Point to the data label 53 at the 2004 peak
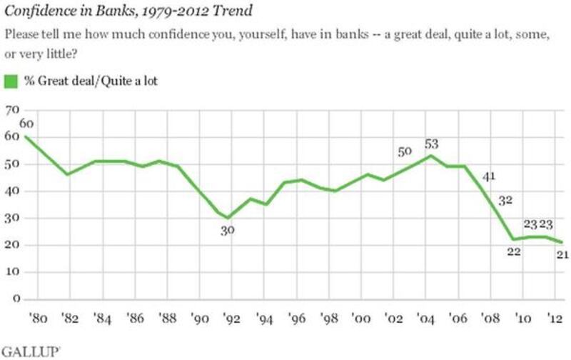point(430,144)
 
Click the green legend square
point(11,81)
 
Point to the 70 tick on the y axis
point(12,111)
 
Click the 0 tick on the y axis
point(15,299)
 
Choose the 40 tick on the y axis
point(12,191)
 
